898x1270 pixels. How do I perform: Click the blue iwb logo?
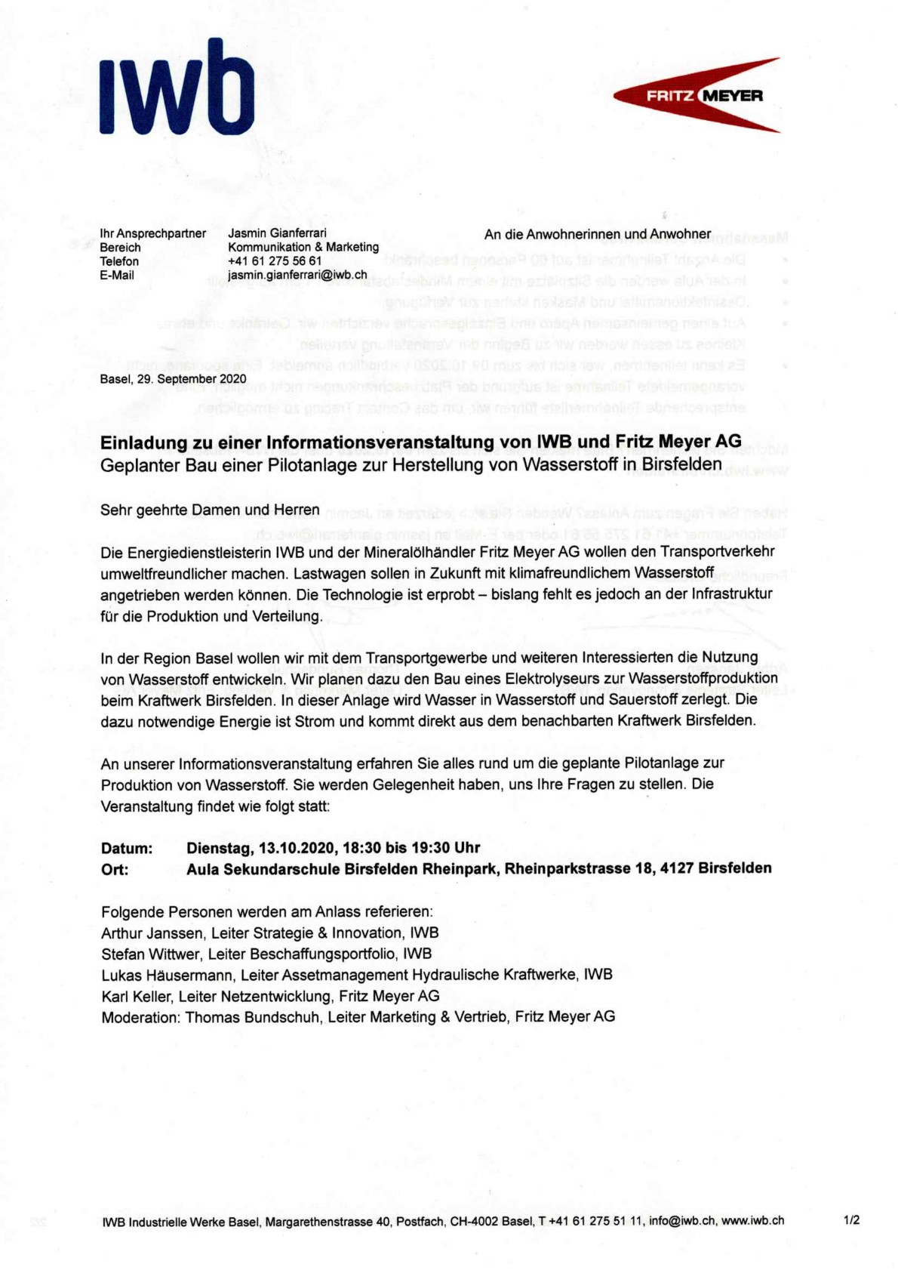click(x=177, y=89)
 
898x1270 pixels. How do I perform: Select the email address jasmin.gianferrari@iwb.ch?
click(x=297, y=276)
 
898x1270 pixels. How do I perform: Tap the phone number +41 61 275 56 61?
click(x=275, y=261)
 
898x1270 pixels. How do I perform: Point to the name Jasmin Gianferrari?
click(x=277, y=233)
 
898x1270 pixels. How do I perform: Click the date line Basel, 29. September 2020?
click(x=173, y=379)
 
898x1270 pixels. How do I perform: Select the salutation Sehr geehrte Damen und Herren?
click(x=210, y=510)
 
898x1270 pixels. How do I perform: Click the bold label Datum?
click(x=127, y=849)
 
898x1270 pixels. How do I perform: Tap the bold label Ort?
click(x=115, y=870)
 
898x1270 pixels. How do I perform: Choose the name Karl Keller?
click(x=136, y=997)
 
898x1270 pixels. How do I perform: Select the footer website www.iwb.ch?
click(x=752, y=1221)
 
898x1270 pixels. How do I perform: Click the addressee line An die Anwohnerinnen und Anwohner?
click(x=597, y=235)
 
